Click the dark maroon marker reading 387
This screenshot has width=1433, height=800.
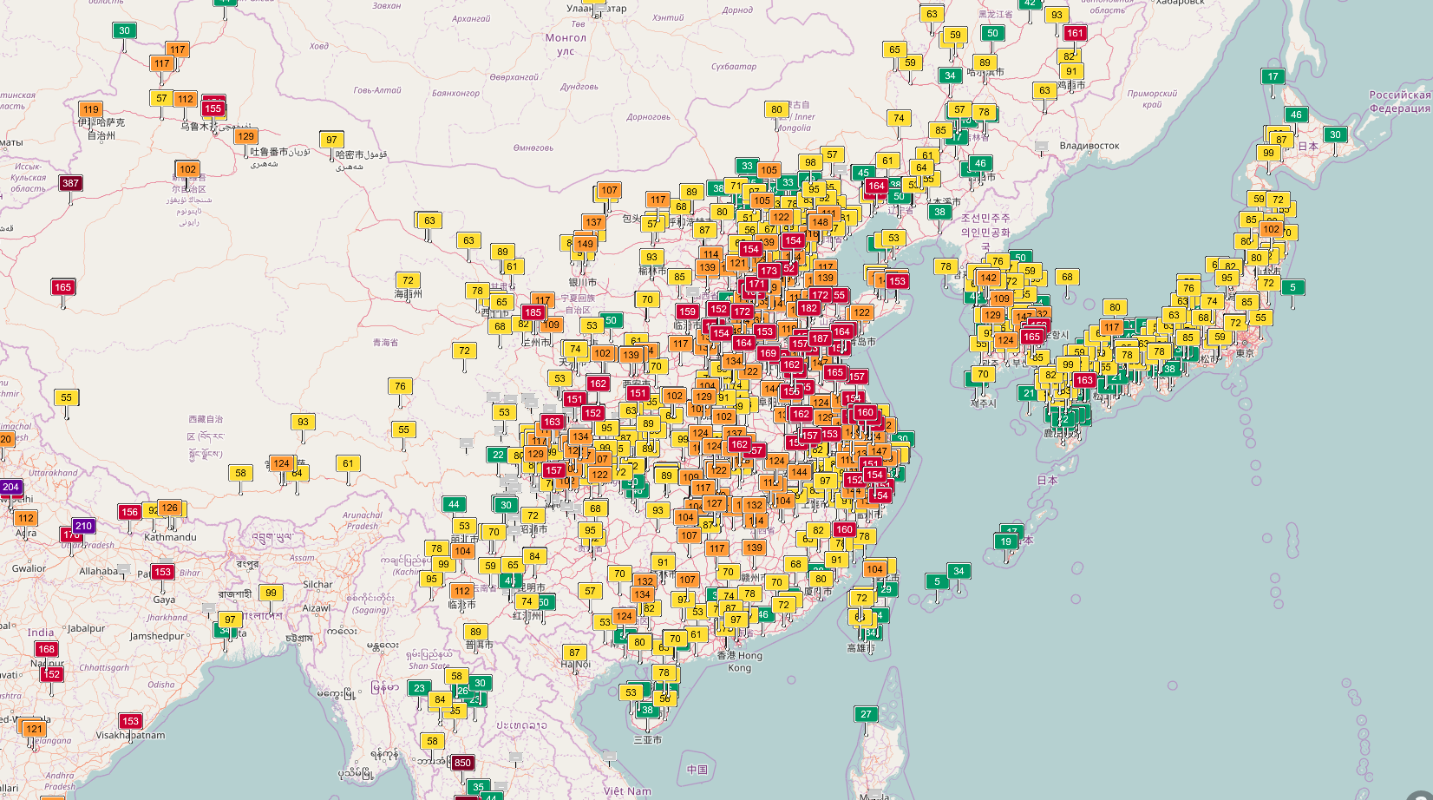coord(70,183)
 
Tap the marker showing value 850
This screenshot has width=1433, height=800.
coord(462,763)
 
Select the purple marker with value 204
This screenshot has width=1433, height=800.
coord(10,487)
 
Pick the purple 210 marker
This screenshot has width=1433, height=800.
coord(83,526)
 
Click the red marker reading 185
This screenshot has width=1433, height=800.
coord(533,312)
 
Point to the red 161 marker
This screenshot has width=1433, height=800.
coord(1075,33)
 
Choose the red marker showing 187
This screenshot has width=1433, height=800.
coord(820,338)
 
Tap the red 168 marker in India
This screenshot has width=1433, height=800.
coord(46,649)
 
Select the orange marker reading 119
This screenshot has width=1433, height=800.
coord(91,109)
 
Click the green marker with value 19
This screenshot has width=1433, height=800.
coord(1005,541)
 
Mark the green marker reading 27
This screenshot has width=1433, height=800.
coord(866,714)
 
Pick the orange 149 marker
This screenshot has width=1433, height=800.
coord(585,244)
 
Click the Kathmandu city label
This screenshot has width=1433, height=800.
coord(170,537)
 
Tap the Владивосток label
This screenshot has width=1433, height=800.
coord(1089,146)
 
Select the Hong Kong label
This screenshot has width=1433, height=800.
coord(739,661)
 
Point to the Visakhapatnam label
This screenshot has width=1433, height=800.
coord(130,735)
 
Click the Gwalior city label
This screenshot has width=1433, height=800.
coord(29,568)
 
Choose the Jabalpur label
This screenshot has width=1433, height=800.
coord(86,628)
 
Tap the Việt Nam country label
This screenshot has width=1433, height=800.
coord(627,790)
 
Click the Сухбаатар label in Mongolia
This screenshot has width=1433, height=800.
coord(733,66)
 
